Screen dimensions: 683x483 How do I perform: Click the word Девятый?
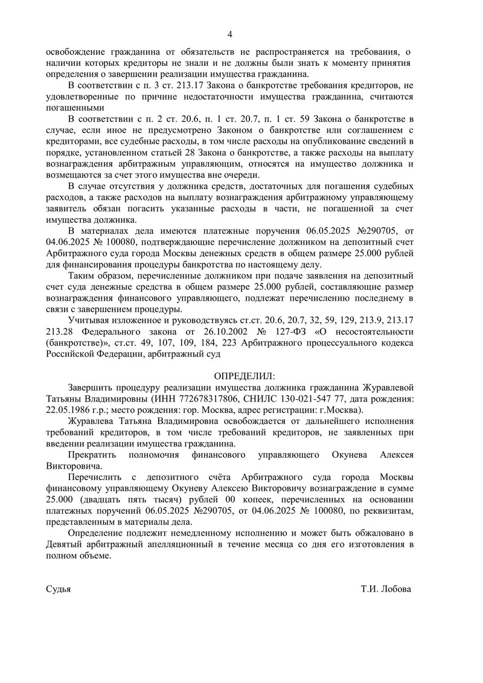click(x=66, y=545)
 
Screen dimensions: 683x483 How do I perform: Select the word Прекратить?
click(x=94, y=454)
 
